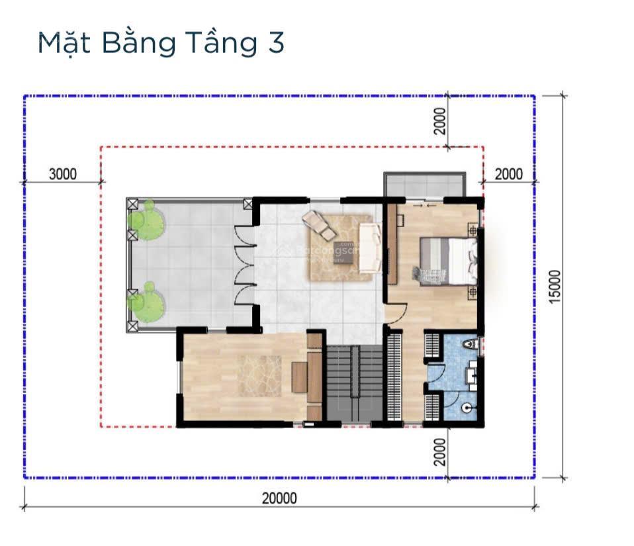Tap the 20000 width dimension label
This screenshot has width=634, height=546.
[279, 498]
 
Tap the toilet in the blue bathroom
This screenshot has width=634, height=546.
[469, 345]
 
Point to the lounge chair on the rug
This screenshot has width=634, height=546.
[318, 224]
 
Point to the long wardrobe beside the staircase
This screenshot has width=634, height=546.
[394, 377]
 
